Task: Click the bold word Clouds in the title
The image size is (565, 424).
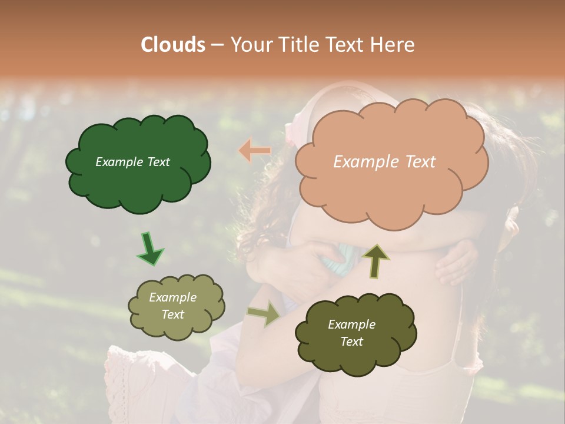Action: [x=172, y=45]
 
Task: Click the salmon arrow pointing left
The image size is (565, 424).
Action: [x=254, y=151]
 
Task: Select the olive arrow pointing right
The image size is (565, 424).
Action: [x=264, y=314]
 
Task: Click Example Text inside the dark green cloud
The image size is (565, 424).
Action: [x=132, y=162]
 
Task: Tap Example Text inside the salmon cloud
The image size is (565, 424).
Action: [x=384, y=162]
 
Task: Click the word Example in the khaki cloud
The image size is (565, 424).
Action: [x=172, y=297]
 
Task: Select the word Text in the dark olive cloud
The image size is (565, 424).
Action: [x=351, y=342]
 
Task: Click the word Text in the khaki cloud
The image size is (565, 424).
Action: [x=172, y=314]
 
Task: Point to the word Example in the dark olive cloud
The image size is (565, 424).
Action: [x=351, y=324]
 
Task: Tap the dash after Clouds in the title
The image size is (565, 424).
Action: [x=217, y=45]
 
